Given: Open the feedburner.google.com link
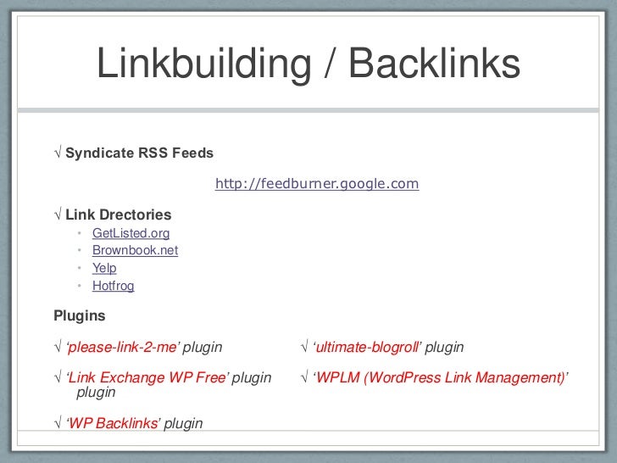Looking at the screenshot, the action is pyautogui.click(x=317, y=184).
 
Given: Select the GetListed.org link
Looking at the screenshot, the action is pyautogui.click(x=131, y=233).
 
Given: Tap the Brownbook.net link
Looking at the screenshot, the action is pyautogui.click(x=135, y=251).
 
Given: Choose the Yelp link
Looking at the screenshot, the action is pyautogui.click(x=104, y=268).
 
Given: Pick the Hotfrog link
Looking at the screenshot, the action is pyautogui.click(x=113, y=286).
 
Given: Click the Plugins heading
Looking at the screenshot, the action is pyautogui.click(x=80, y=316).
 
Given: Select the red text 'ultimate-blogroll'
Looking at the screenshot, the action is pyautogui.click(x=368, y=348).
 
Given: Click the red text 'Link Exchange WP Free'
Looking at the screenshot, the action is pyautogui.click(x=147, y=378).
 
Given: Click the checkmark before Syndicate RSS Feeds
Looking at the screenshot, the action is pyautogui.click(x=58, y=153).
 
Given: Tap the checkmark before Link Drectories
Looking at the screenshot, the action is pyautogui.click(x=58, y=215).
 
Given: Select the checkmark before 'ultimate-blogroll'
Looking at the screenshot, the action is pyautogui.click(x=305, y=348).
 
